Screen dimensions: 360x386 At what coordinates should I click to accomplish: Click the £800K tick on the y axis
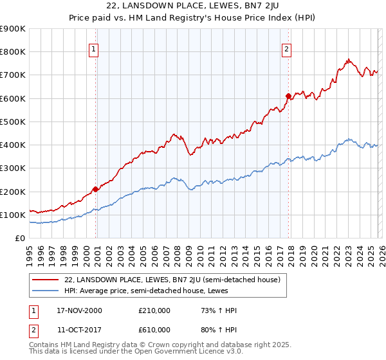13,52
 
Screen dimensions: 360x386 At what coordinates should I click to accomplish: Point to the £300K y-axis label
13,168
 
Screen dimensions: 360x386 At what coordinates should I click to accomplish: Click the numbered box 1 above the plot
94,48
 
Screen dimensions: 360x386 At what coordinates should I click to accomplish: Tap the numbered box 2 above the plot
286,48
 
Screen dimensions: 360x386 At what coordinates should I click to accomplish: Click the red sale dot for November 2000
96,189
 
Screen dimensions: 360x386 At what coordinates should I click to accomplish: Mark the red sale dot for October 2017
288,96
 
